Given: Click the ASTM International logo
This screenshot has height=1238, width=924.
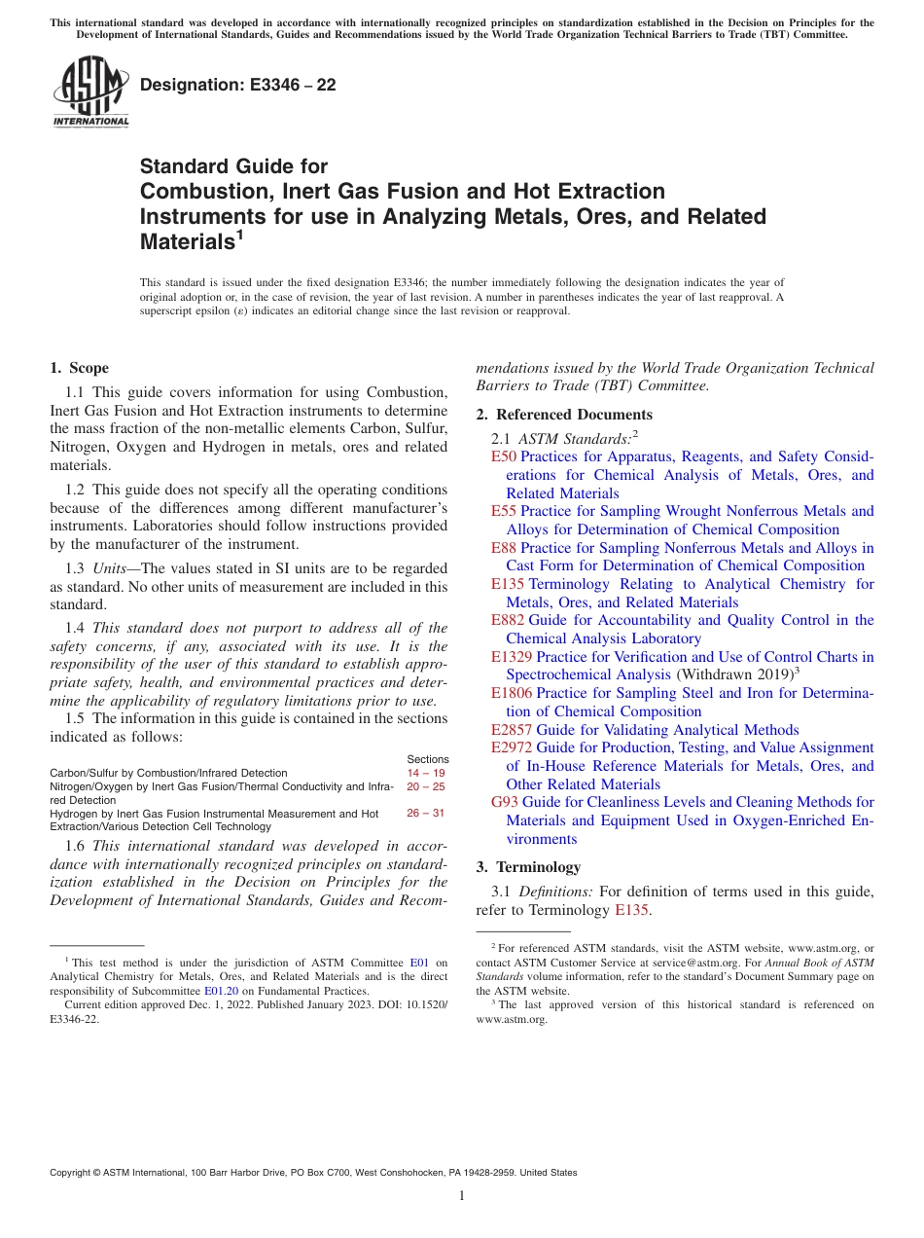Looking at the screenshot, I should [x=90, y=92].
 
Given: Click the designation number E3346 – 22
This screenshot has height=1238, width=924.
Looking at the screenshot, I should [x=238, y=85].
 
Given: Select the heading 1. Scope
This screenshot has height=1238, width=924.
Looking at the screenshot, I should [x=79, y=368].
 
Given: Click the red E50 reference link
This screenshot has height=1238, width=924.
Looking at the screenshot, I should [x=503, y=456].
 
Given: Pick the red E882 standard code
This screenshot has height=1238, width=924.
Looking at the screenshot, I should [x=507, y=620].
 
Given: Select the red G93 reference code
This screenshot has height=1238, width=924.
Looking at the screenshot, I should [x=505, y=802].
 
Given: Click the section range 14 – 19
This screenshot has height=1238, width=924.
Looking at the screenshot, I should [x=426, y=773].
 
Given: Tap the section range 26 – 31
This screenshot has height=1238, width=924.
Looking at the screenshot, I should [x=426, y=813].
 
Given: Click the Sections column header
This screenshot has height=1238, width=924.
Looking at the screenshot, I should [x=427, y=759].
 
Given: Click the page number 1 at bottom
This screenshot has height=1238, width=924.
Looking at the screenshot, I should [x=462, y=1195].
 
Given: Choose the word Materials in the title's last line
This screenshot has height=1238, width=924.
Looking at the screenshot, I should [x=185, y=241].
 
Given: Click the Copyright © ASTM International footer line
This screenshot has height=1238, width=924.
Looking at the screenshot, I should [x=313, y=1173].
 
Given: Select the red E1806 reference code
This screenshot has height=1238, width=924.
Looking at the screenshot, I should [x=512, y=693].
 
